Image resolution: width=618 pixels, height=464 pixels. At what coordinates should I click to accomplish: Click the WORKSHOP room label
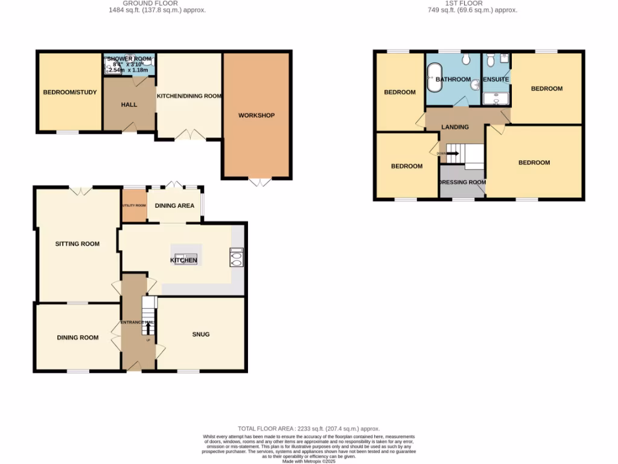256,115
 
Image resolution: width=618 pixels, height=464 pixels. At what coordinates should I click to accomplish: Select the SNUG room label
201,334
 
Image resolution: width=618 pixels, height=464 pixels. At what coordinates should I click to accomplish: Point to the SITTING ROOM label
77,244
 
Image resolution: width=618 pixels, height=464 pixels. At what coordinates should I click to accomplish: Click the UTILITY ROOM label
134,205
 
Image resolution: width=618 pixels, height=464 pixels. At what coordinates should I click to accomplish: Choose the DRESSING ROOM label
462,182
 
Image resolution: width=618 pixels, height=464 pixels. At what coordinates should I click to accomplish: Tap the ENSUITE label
496,80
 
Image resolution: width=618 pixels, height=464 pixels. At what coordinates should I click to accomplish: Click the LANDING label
455,127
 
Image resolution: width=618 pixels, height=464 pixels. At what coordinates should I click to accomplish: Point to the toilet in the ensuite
490,60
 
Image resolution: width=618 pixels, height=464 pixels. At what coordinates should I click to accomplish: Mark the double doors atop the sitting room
80,191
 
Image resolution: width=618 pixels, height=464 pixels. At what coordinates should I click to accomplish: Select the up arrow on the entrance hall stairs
148,329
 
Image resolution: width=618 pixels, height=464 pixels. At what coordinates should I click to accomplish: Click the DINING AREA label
174,205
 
